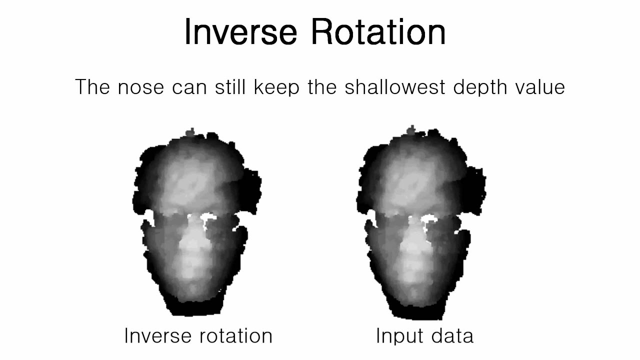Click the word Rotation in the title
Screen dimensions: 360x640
point(378,32)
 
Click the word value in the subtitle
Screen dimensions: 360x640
point(541,87)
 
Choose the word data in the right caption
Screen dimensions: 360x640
point(452,335)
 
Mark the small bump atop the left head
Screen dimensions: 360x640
point(190,132)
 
